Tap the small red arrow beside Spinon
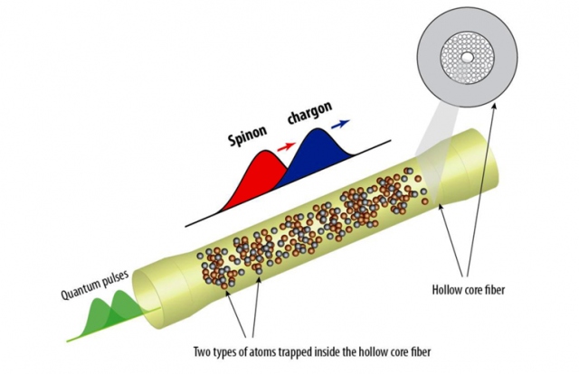[x=285, y=143]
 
